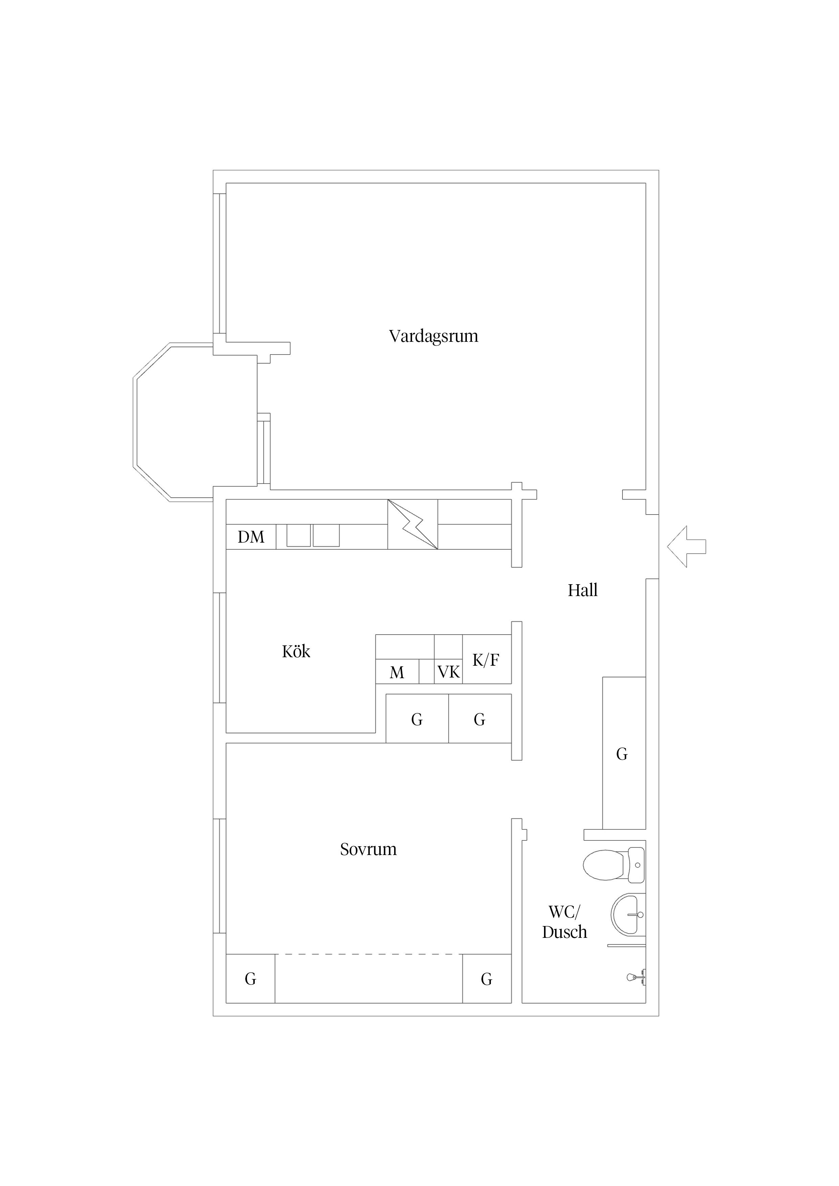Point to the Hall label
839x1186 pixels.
click(583, 590)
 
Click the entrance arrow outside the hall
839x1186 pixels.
click(686, 546)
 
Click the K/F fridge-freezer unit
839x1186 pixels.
click(486, 659)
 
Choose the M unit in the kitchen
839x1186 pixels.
click(397, 671)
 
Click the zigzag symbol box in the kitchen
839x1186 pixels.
click(412, 524)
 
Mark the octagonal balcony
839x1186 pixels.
click(195, 422)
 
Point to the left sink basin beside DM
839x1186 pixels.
click(299, 536)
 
